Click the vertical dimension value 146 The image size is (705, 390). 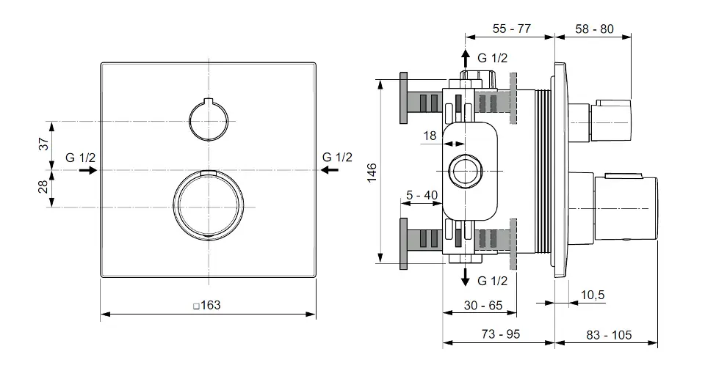(x=372, y=170)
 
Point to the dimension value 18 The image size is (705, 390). (x=430, y=135)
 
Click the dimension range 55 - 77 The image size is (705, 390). (x=512, y=29)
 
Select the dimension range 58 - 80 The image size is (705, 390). (x=595, y=29)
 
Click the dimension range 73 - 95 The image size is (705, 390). (x=500, y=334)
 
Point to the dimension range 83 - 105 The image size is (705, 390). (x=610, y=334)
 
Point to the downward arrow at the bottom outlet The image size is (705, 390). (x=464, y=276)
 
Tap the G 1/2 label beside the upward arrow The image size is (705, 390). (x=493, y=57)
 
